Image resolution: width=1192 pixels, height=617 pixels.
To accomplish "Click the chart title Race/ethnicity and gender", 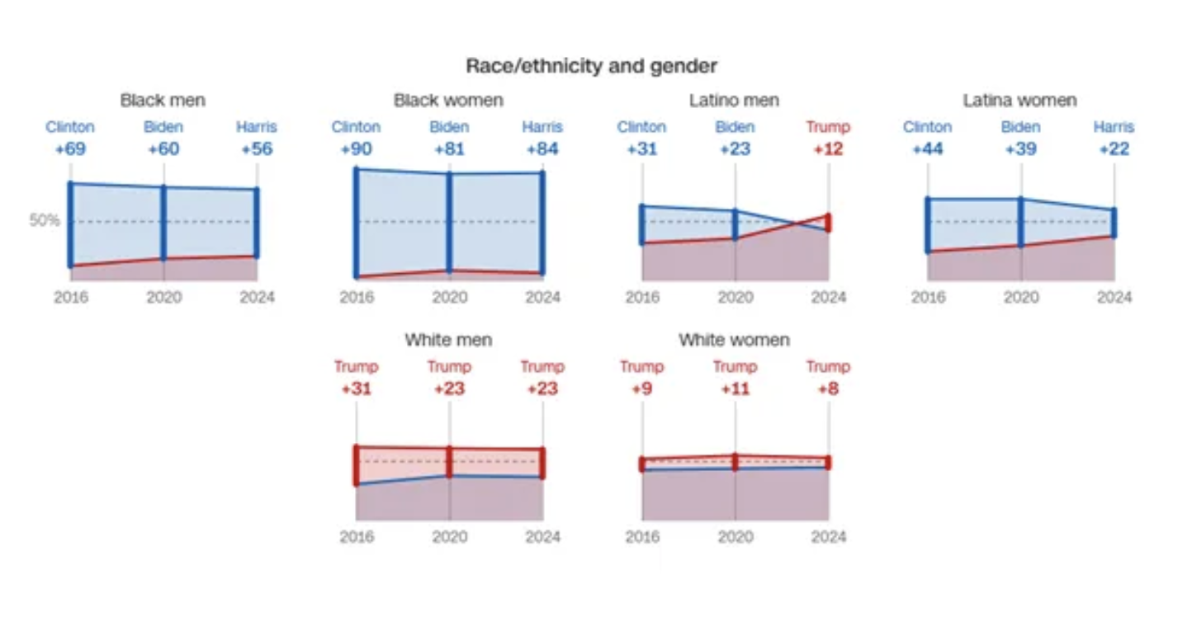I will coord(591,66).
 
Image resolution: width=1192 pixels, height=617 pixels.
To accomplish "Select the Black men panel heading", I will coord(163,101).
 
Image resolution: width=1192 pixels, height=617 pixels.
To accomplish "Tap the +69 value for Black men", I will coord(70,149).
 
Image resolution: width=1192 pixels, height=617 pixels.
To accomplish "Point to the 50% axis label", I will coord(45,221).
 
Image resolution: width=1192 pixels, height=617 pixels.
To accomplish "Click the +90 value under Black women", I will coord(356,149).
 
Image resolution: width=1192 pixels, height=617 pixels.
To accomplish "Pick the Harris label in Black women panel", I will coord(542,127).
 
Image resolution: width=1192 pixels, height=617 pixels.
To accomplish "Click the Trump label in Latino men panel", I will coord(828,127).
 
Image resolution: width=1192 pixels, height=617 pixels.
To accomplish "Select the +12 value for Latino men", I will coord(828,149).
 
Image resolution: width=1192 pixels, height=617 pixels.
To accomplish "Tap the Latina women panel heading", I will coord(1019,101).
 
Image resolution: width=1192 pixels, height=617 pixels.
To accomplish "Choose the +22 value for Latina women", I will coord(1114,149).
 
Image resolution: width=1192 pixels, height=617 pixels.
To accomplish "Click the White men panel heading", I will coord(449,340).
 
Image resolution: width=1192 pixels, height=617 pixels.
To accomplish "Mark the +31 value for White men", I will coord(356,389).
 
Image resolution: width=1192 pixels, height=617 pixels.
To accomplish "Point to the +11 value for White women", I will coord(735,389).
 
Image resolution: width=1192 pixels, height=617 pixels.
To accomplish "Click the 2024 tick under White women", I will coord(828,537).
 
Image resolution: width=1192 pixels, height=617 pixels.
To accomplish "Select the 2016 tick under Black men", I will coord(71,297).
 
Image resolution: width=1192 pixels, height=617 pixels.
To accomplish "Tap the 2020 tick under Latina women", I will coord(1021,297).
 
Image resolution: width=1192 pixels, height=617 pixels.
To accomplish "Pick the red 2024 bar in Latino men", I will coord(828,223).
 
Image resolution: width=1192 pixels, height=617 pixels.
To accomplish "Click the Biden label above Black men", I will coord(163,127).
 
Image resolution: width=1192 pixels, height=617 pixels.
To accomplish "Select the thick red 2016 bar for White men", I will coord(356,465).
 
